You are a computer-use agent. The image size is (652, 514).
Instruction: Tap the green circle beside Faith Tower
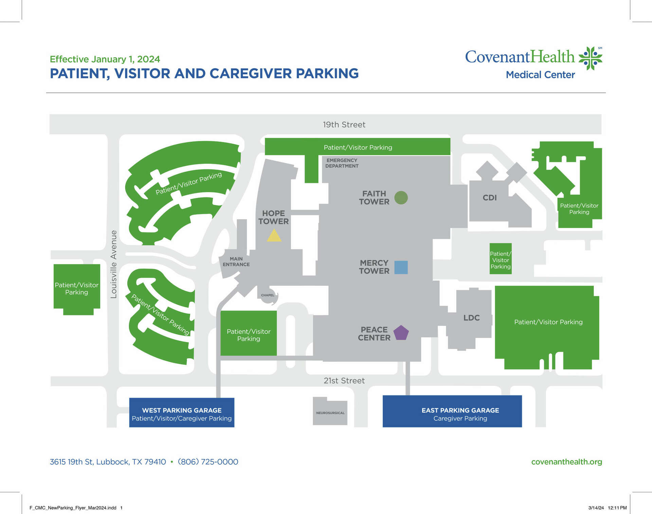click(x=401, y=198)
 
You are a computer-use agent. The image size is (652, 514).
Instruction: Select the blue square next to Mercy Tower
click(x=401, y=267)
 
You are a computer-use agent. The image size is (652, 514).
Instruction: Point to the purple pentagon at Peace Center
click(x=401, y=333)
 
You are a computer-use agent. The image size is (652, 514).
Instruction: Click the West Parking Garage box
click(x=182, y=412)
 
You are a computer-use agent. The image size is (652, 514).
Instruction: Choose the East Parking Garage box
click(x=452, y=411)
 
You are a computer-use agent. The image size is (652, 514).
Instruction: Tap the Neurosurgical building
click(x=330, y=412)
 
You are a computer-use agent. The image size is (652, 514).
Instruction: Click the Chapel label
click(x=268, y=295)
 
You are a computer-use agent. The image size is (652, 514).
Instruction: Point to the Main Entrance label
click(x=236, y=262)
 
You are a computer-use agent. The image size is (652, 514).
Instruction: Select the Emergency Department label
click(x=342, y=163)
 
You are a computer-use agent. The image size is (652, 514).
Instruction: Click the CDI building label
click(x=490, y=198)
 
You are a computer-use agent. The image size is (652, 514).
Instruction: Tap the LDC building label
click(x=472, y=318)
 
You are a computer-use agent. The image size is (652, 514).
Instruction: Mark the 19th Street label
click(x=344, y=125)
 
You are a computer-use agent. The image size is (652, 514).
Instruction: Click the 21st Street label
click(x=344, y=381)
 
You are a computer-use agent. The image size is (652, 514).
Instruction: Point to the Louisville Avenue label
click(x=114, y=264)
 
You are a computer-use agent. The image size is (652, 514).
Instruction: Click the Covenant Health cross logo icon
click(x=590, y=58)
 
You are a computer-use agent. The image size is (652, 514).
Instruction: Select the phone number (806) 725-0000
click(x=208, y=462)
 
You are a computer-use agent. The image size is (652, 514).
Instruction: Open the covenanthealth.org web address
click(x=566, y=462)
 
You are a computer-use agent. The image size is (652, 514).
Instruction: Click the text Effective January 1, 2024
click(x=105, y=59)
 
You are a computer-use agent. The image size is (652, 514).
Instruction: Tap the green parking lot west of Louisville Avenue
click(x=77, y=289)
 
